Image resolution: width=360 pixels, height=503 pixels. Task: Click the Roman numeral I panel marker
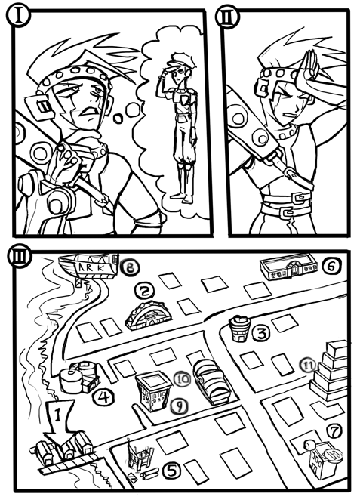pyautogui.click(x=19, y=15)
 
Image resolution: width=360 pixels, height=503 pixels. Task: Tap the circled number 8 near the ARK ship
pyautogui.click(x=130, y=267)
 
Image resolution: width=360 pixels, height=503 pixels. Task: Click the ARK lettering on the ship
pyautogui.click(x=91, y=267)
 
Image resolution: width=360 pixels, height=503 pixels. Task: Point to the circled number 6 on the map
pyautogui.click(x=332, y=266)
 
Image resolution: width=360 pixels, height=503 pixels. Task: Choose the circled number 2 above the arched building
pyautogui.click(x=145, y=292)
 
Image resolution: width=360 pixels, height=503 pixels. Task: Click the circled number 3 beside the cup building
pyautogui.click(x=262, y=333)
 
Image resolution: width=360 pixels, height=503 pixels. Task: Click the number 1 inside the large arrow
pyautogui.click(x=58, y=415)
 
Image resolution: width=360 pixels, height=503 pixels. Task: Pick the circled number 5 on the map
pyautogui.click(x=172, y=471)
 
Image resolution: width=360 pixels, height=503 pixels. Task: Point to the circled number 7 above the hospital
pyautogui.click(x=335, y=431)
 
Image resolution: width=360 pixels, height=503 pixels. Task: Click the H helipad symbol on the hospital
pyautogui.click(x=334, y=455)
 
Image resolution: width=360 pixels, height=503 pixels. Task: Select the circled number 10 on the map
pyautogui.click(x=182, y=379)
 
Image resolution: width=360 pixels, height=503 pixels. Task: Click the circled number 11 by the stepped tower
pyautogui.click(x=308, y=366)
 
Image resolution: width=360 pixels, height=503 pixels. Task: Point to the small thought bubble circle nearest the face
pyautogui.click(x=118, y=118)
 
